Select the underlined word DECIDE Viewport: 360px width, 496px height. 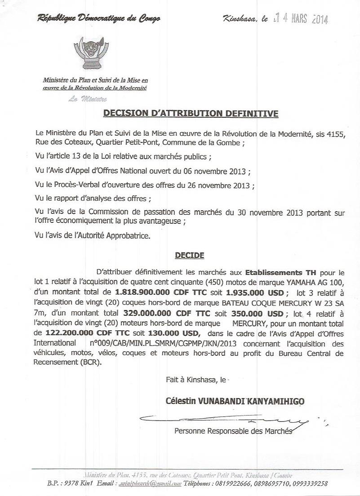[x=189, y=256]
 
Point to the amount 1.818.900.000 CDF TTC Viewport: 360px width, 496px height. [x=154, y=291]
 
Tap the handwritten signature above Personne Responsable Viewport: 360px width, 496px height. [x=225, y=421]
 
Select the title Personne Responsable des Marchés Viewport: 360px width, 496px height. [x=233, y=431]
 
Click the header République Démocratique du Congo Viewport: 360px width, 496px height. [x=99, y=18]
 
